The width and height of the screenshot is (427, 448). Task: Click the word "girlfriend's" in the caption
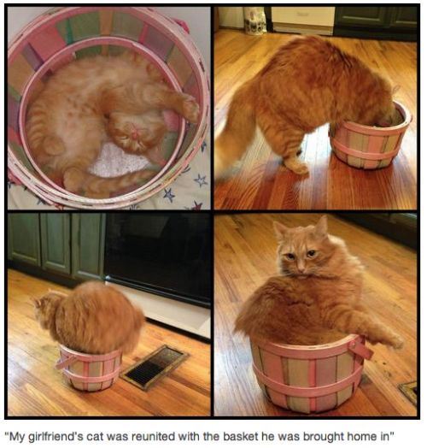click(53, 437)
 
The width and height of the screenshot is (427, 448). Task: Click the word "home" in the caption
click(360, 437)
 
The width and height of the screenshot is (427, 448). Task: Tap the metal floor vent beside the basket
click(155, 366)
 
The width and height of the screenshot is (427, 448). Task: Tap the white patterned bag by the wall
click(254, 21)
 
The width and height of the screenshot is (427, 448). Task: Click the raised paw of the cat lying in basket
click(189, 107)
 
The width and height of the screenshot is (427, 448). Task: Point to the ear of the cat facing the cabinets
click(44, 301)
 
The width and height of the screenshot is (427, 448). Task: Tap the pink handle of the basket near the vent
click(65, 360)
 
